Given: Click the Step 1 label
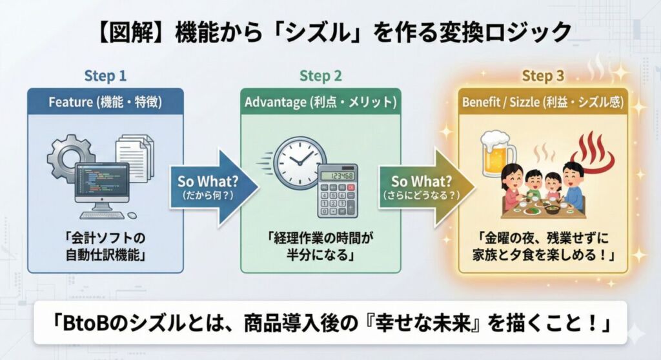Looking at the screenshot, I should click(x=105, y=75).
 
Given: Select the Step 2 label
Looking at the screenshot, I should click(x=321, y=75).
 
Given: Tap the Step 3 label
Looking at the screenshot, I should click(x=543, y=76).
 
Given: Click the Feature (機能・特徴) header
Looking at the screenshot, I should click(x=105, y=102).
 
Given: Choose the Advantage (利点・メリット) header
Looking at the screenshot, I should click(x=321, y=102).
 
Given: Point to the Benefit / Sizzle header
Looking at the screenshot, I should click(x=543, y=102).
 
